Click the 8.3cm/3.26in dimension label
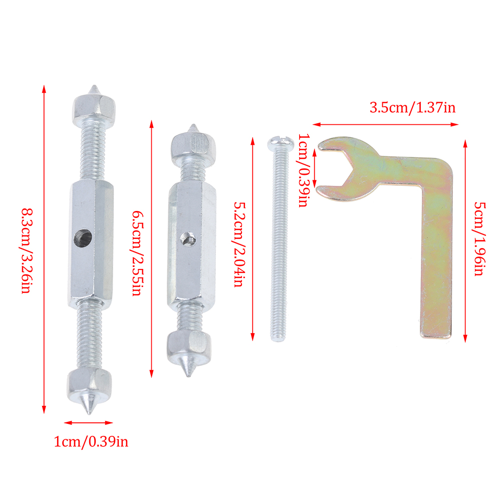coord(27,250)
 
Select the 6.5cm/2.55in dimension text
coord(138,253)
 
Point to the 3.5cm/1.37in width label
coord(412,108)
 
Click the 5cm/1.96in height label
coord(480,239)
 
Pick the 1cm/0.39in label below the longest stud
coord(91,442)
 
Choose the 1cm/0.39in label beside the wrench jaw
coord(304,170)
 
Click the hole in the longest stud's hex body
coord(83,238)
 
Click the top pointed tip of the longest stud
coord(94,86)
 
